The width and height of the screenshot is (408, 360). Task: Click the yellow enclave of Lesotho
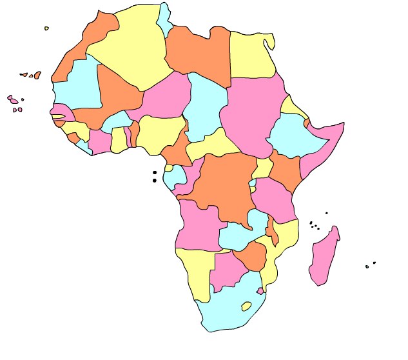pyautogui.click(x=246, y=306)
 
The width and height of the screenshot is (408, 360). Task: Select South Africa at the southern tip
pyautogui.click(x=222, y=313)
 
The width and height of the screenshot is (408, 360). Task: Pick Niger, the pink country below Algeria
pyautogui.click(x=164, y=97)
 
